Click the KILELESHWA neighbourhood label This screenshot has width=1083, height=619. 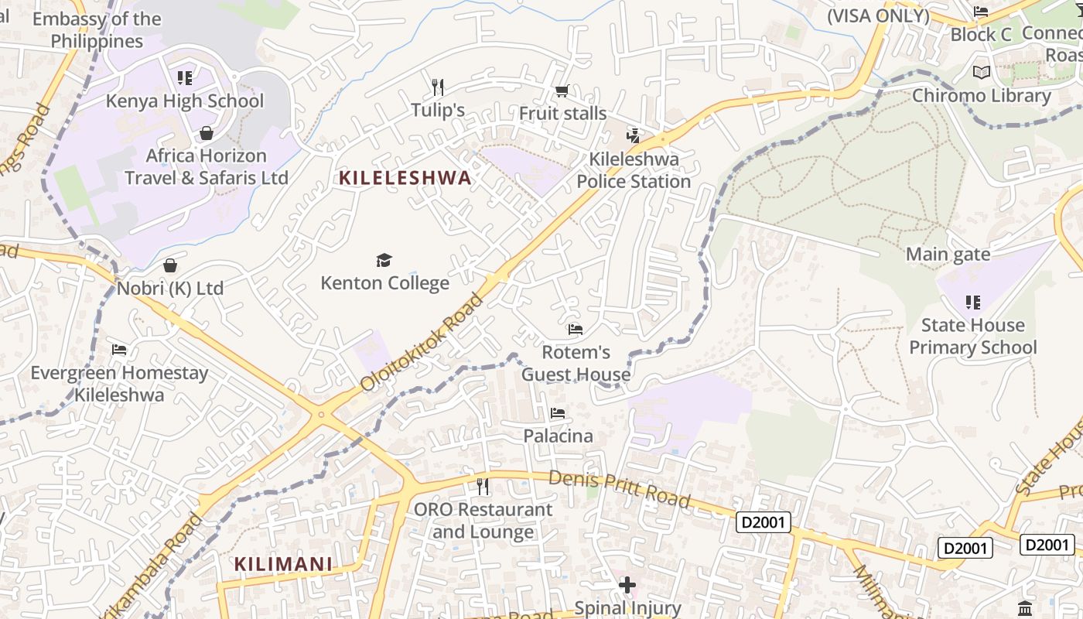coord(405,178)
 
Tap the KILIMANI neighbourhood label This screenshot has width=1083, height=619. coord(283,564)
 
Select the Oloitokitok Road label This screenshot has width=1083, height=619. coord(422,341)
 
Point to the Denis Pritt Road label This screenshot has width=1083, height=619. coord(619,489)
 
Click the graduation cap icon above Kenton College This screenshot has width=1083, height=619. coord(384,260)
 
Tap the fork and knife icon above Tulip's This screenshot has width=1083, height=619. coord(438,86)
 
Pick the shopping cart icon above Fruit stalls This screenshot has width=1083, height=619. coord(562,91)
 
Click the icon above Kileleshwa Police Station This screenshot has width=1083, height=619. coord(634,136)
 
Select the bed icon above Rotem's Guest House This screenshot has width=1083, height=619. coord(575,330)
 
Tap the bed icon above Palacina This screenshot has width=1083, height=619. coord(558,413)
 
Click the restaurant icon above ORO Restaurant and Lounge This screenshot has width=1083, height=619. coord(483,487)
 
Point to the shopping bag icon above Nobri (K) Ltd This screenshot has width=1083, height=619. coord(170,265)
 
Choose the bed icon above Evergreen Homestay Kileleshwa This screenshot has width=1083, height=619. coord(119,350)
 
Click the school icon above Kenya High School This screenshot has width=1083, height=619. coord(184,77)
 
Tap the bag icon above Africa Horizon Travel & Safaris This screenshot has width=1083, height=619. coord(207,133)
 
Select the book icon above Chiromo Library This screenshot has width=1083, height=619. coord(982,73)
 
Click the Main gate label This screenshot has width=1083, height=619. coord(948,254)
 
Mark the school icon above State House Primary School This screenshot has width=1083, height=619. coord(972,302)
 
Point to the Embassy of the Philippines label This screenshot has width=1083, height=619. coord(97,30)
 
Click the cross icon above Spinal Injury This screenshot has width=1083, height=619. coord(627,585)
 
